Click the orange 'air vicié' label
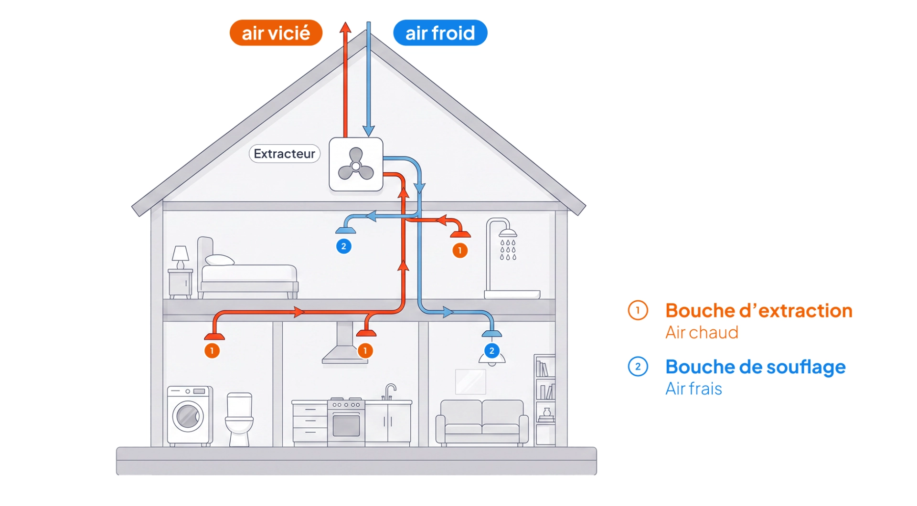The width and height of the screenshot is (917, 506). point(276,32)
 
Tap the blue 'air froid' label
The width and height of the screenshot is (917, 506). point(440,32)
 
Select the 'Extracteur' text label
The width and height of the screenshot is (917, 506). point(284,154)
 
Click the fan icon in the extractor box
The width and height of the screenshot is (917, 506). point(356,165)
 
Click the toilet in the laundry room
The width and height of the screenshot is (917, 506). point(239,419)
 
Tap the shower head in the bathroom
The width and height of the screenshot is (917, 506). point(508,233)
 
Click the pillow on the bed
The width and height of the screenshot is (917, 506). point(220,260)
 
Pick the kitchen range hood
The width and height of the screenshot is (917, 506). point(344,343)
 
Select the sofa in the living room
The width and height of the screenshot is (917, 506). point(482,422)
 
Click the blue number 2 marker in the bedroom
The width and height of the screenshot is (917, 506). point(344,246)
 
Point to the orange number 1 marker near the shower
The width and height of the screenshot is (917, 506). point(460,250)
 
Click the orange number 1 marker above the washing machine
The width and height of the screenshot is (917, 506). point(212,351)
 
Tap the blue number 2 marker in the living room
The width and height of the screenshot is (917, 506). point(492,351)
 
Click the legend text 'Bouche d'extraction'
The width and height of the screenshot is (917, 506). point(759,311)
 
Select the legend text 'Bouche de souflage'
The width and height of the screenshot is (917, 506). point(756,367)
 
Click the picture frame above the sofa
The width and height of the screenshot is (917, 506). point(470,382)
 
